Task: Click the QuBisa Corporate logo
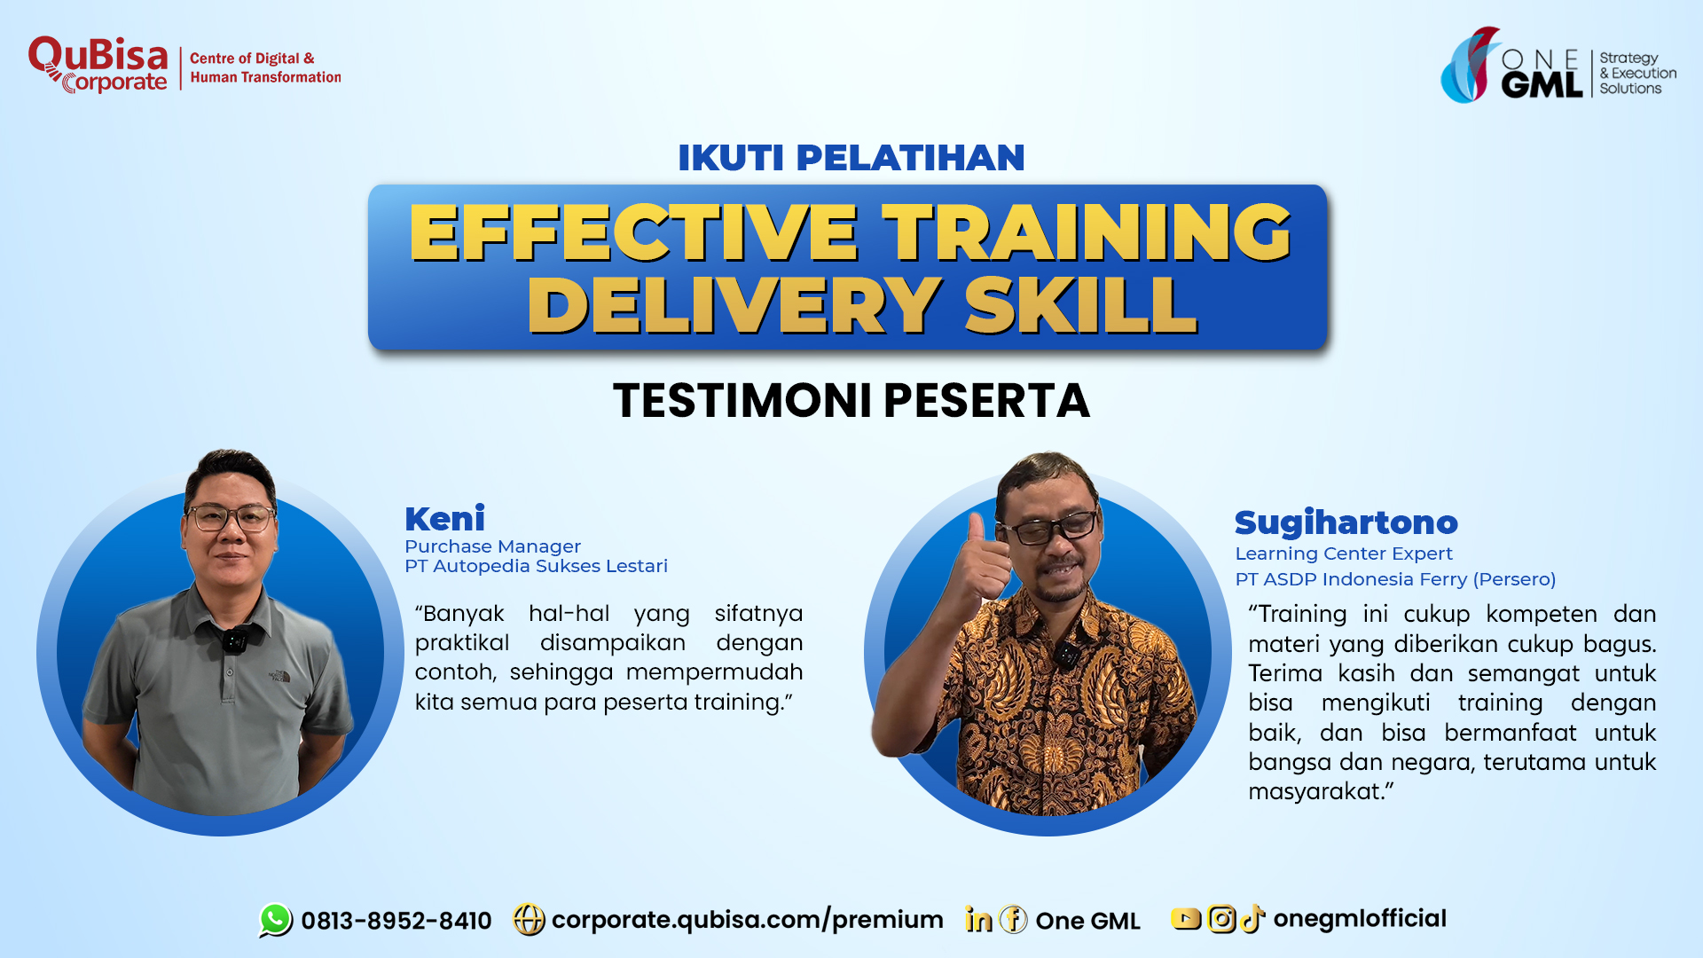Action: (98, 65)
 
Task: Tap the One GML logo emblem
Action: (1469, 65)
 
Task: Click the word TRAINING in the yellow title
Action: (1087, 232)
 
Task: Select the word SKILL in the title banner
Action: (1081, 305)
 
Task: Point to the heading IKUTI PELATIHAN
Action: (851, 158)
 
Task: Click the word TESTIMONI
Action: (742, 400)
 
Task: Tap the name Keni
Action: (444, 518)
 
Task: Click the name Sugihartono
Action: (1346, 522)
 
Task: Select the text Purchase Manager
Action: (492, 546)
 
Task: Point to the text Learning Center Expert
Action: (1344, 554)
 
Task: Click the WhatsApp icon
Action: (276, 920)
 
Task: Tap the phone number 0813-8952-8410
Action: (396, 921)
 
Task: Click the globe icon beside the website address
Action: (529, 920)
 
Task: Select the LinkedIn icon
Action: (978, 920)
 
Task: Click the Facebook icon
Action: (1013, 920)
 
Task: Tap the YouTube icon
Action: (1185, 919)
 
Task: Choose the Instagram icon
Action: (1221, 919)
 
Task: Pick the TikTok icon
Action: (1252, 919)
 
